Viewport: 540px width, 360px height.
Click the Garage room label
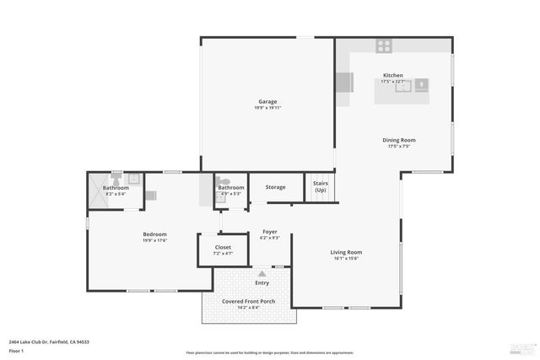pos(267,101)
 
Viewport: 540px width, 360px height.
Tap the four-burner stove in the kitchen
pos(384,46)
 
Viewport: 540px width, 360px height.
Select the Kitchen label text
pos(393,75)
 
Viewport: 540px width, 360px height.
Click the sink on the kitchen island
pos(403,83)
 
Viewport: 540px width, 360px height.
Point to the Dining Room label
pos(402,140)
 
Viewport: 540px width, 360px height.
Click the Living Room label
pos(345,252)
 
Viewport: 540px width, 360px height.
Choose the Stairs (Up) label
pos(321,186)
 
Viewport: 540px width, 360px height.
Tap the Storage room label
pos(275,187)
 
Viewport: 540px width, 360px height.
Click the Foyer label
pos(269,232)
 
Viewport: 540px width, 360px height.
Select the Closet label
pos(222,247)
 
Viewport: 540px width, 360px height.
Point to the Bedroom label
pos(154,234)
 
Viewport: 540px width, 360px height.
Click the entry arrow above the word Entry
pos(262,274)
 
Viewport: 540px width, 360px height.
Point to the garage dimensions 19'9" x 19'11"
pos(267,108)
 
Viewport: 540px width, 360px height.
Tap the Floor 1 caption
pos(16,350)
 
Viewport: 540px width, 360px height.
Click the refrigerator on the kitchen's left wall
pos(344,82)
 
